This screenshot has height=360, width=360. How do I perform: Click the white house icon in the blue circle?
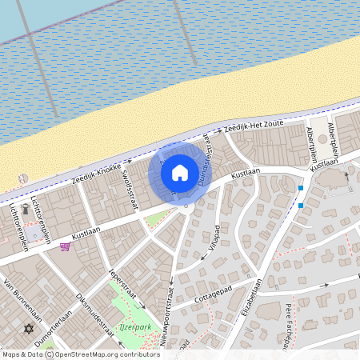click(x=180, y=172)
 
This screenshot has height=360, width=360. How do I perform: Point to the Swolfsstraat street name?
click(x=129, y=186)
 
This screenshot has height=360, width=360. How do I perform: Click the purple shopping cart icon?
click(x=64, y=246)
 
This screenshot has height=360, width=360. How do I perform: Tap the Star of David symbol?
click(x=30, y=328)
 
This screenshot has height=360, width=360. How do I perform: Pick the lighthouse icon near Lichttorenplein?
click(x=26, y=210)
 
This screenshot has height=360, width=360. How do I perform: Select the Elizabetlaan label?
click(x=252, y=297)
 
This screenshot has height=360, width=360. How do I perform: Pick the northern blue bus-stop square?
click(x=301, y=188)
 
